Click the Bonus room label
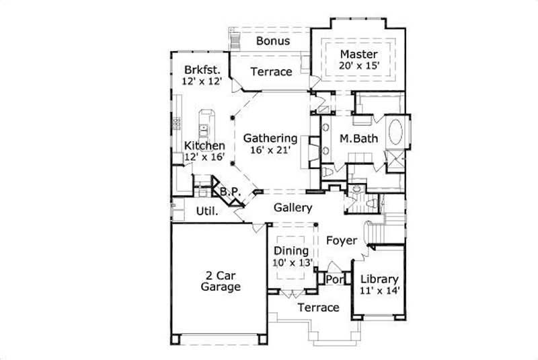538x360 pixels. (273, 41)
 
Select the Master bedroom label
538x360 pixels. (359, 54)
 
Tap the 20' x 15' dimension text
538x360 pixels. (359, 66)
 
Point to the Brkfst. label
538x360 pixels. (200, 69)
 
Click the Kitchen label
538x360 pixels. (204, 145)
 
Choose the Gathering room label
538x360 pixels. (270, 138)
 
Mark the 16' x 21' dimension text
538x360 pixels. (270, 150)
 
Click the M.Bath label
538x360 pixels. (358, 139)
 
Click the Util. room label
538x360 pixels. (206, 211)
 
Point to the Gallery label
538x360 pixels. (293, 208)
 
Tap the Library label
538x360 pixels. (379, 279)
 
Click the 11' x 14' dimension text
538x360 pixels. (379, 291)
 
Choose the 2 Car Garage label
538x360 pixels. (221, 281)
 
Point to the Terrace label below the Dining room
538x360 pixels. (318, 308)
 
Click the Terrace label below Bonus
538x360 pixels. (271, 72)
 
